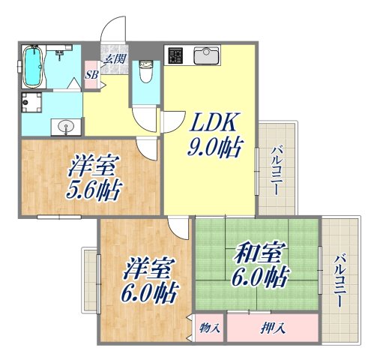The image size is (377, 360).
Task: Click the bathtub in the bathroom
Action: click(x=33, y=66)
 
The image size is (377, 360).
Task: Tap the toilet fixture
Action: click(x=146, y=73)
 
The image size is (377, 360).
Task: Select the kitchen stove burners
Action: click(x=177, y=57)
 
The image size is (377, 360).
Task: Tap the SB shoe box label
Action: click(x=91, y=75)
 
